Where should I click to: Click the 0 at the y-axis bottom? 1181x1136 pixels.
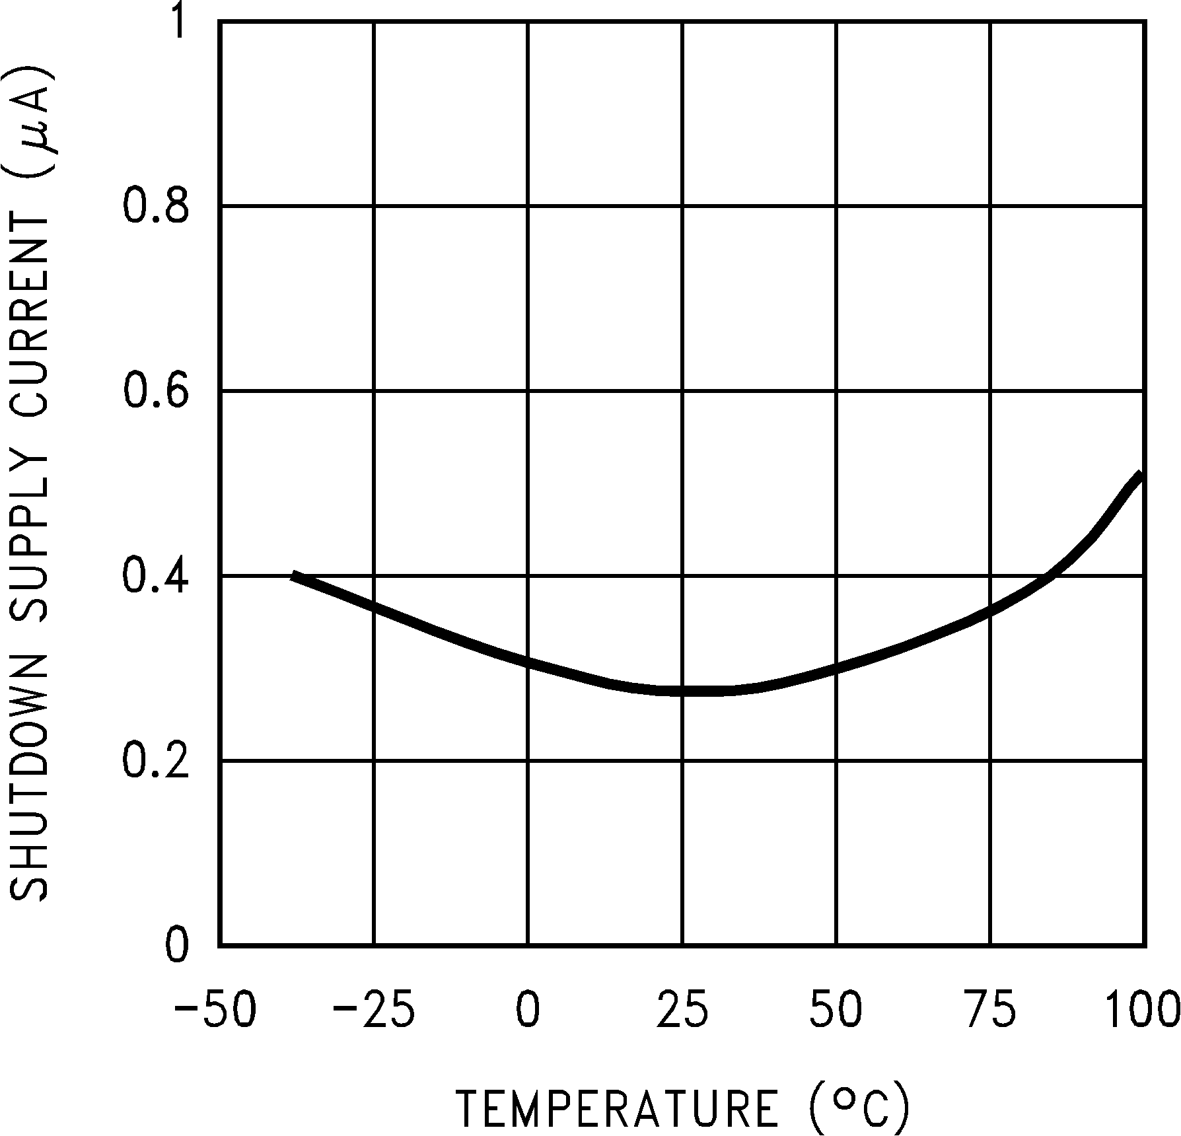pos(176,946)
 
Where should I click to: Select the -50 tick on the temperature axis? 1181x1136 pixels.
pos(215,1011)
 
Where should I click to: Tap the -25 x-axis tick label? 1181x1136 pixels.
pos(373,1011)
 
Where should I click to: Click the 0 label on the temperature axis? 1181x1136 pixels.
pos(528,1011)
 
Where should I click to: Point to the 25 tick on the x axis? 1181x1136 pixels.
pos(682,1011)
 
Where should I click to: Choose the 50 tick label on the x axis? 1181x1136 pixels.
pos(836,1011)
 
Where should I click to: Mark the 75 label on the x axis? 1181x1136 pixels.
pos(991,1011)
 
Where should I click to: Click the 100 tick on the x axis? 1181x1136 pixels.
pos(1141,1011)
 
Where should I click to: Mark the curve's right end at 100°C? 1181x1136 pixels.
pos(1141,474)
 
